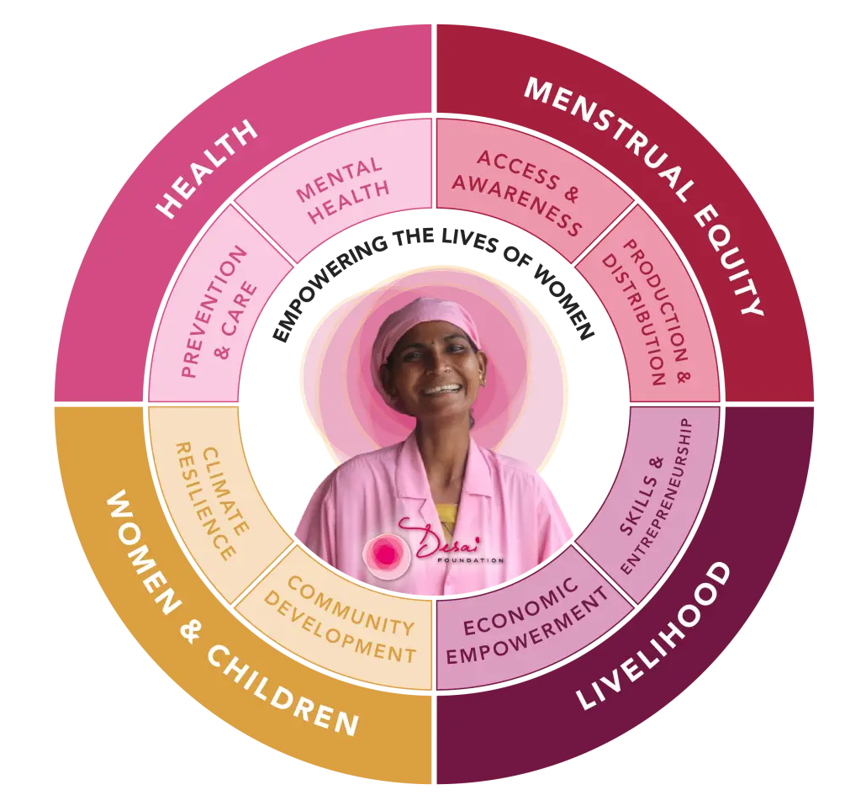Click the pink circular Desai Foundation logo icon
385,553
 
